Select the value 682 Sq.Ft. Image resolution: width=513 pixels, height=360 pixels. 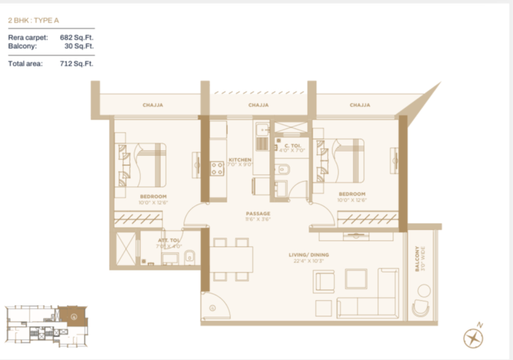(76, 37)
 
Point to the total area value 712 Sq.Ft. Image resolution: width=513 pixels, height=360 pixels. (76, 63)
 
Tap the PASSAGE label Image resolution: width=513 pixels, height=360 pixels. (258, 213)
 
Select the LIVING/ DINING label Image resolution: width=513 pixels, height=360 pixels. (306, 255)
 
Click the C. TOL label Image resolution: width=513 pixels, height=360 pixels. (292, 146)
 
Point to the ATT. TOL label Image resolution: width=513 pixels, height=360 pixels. (168, 240)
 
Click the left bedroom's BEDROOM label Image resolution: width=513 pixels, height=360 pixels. (152, 195)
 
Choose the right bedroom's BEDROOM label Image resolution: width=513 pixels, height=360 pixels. (350, 194)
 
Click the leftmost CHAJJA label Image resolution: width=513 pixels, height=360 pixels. (152, 105)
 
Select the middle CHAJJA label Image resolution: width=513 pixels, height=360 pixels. (258, 105)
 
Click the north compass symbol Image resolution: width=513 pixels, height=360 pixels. (473, 338)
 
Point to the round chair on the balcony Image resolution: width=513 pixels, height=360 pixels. (421, 308)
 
